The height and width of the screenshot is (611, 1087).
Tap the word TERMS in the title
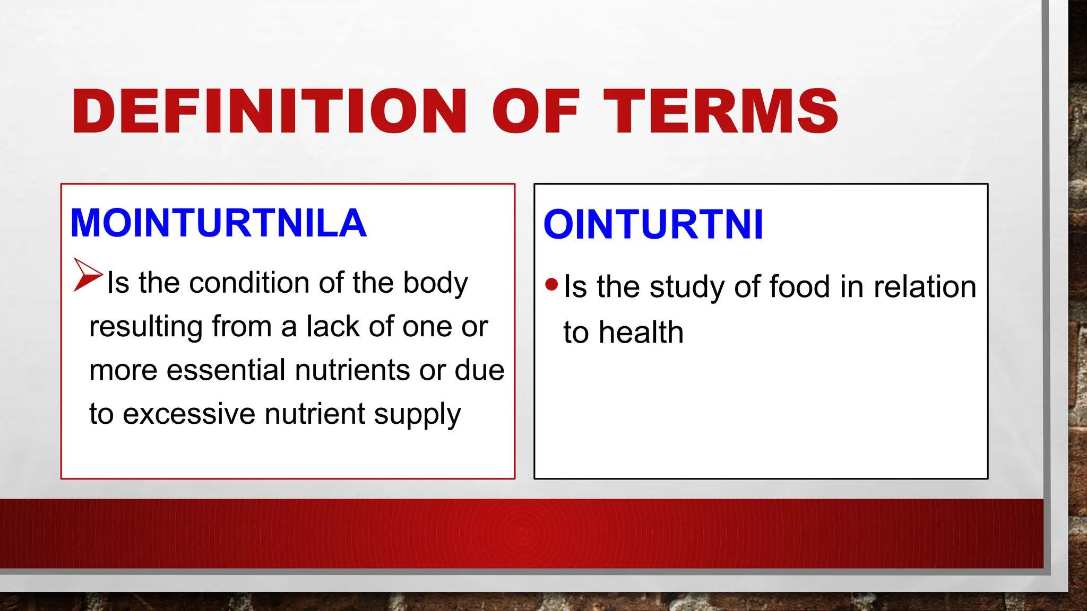pyautogui.click(x=721, y=111)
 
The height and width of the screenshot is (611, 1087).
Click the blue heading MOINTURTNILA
pyautogui.click(x=218, y=223)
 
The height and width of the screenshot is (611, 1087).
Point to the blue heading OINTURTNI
pyautogui.click(x=653, y=224)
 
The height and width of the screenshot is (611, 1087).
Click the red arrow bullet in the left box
pyautogui.click(x=87, y=274)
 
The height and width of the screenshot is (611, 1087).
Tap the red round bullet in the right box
pyautogui.click(x=551, y=285)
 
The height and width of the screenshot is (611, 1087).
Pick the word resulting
pyautogui.click(x=146, y=327)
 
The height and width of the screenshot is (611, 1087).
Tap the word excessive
pyautogui.click(x=189, y=414)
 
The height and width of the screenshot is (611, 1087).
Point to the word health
pyautogui.click(x=641, y=333)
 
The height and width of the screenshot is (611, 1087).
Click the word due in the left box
pyautogui.click(x=479, y=370)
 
